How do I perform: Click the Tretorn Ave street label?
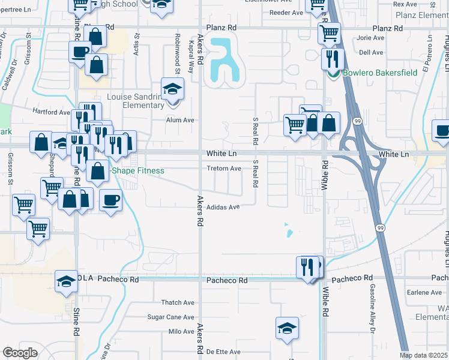(224, 169)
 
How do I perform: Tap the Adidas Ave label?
(223, 207)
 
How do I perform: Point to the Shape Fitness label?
(138, 170)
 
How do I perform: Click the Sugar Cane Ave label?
(171, 317)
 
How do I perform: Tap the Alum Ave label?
(180, 120)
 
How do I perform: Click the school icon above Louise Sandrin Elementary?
(172, 89)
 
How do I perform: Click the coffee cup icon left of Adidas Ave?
(111, 200)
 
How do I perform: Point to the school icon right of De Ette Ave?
(288, 328)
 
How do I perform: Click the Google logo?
(20, 353)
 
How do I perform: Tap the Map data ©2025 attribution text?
(424, 355)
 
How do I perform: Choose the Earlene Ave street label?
(424, 292)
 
